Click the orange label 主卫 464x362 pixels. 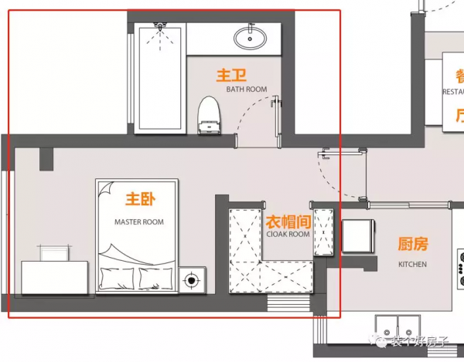pos(231,75)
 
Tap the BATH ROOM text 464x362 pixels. pos(247,90)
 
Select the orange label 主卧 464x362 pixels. pos(140,200)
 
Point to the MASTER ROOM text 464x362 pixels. pos(139,222)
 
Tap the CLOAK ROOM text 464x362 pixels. pos(288,234)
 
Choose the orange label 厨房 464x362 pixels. pos(412,245)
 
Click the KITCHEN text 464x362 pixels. pos(412,264)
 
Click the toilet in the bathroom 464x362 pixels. pos(208,116)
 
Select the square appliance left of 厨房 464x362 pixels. pos(358,237)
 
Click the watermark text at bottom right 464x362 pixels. pos(418,340)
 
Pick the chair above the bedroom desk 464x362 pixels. pos(52,252)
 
